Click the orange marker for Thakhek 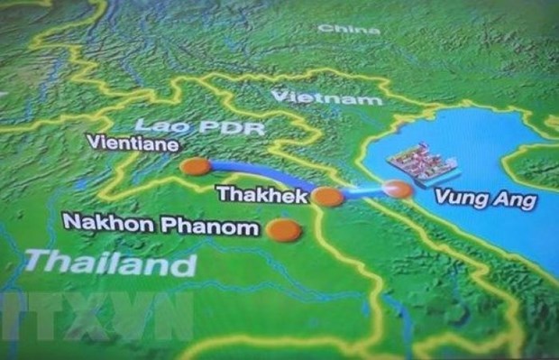(x=328, y=197)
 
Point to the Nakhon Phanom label (x=160, y=225)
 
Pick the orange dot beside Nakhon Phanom (x=285, y=230)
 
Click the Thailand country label (x=110, y=263)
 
